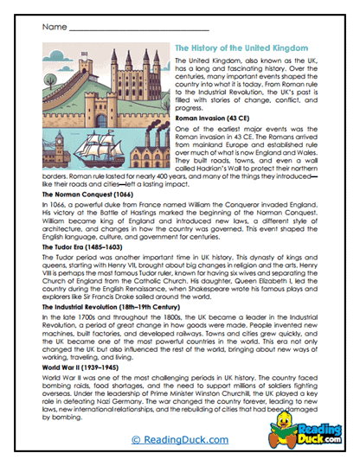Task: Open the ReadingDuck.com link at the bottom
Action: click(x=179, y=440)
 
